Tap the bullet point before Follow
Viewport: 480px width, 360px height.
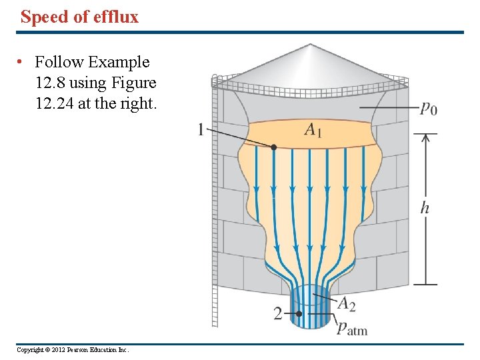[21, 63]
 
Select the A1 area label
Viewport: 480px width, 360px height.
[313, 130]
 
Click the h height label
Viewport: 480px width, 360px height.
[425, 208]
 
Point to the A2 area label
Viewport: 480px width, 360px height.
[346, 304]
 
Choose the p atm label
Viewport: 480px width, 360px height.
[351, 327]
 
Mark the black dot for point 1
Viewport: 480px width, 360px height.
[274, 147]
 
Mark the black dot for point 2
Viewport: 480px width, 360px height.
[299, 313]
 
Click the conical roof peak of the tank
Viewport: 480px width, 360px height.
[309, 47]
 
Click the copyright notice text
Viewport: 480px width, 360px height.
[73, 350]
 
